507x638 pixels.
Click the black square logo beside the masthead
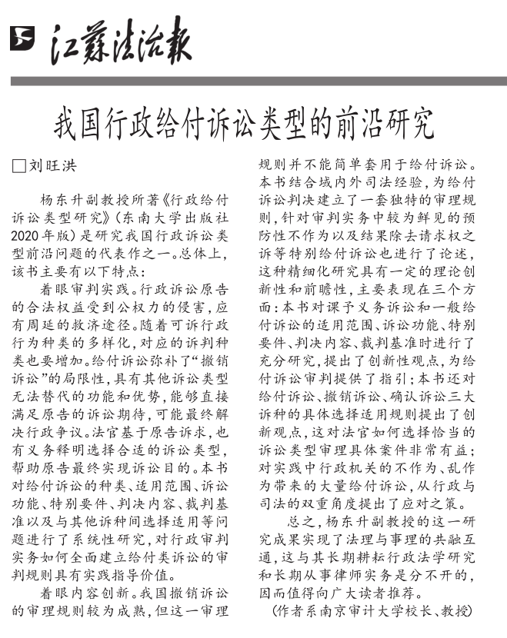22,38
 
